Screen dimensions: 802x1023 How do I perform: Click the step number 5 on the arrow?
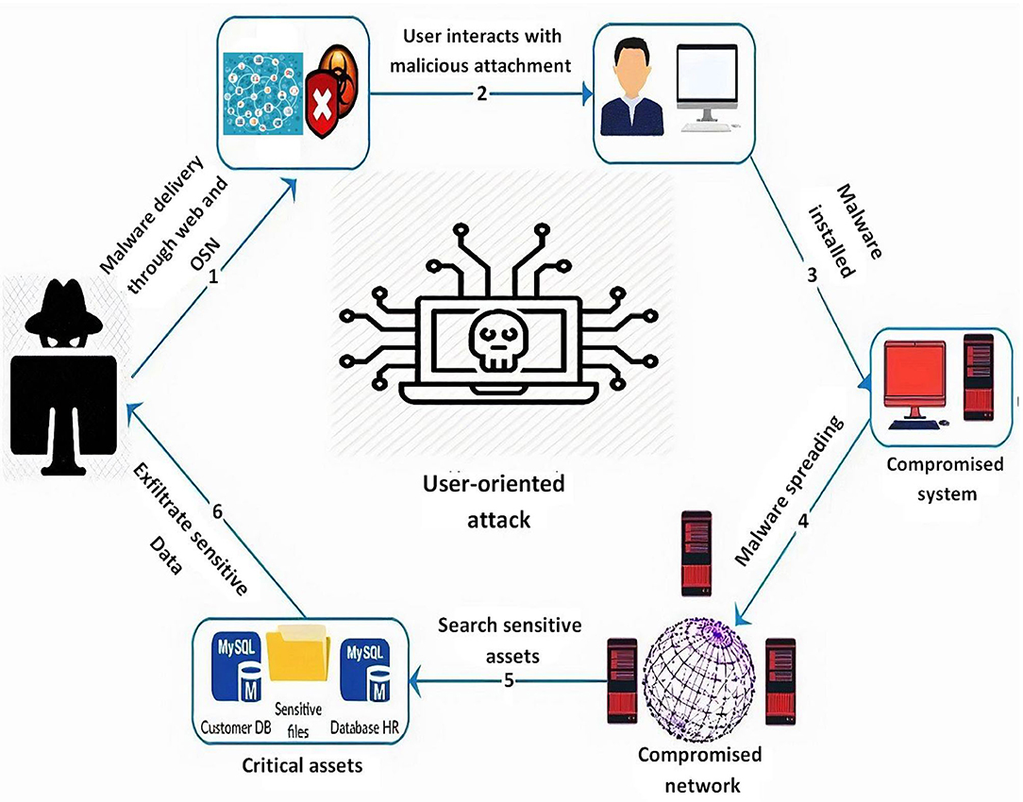pos(509,681)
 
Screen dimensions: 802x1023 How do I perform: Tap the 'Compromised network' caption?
pos(699,770)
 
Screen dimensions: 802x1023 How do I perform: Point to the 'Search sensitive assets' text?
pos(510,640)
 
